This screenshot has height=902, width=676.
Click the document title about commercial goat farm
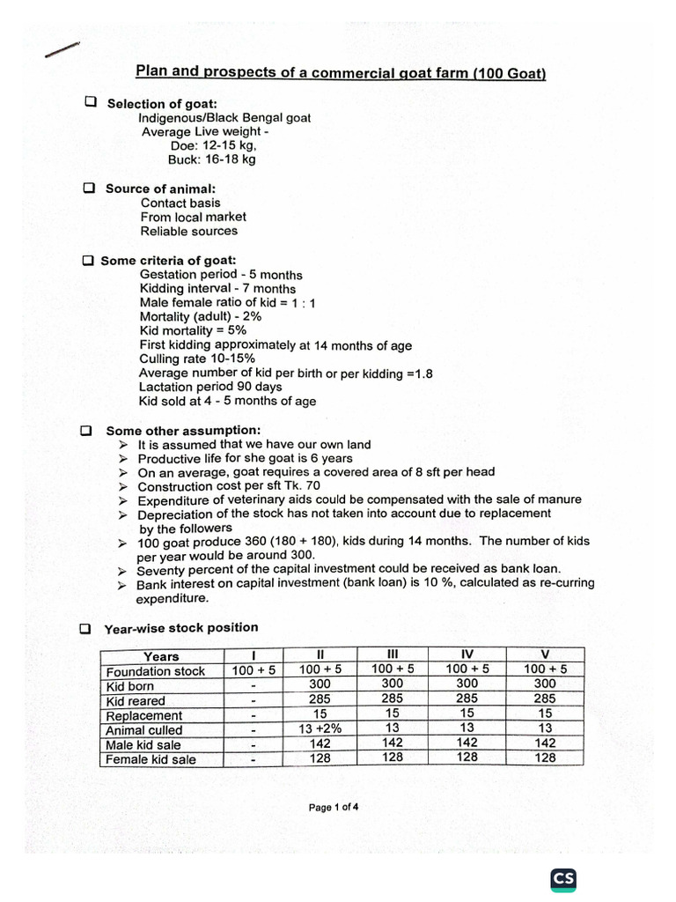(340, 72)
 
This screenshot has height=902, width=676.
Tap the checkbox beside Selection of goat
(90, 102)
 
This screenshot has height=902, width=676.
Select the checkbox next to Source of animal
(89, 189)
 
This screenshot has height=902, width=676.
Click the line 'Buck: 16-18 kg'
(212, 159)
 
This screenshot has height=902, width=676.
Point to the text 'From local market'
(194, 217)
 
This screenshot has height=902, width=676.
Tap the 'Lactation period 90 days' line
(210, 387)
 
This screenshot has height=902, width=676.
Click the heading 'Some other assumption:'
(183, 430)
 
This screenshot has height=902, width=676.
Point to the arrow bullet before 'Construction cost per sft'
(123, 486)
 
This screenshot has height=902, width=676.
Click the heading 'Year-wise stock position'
(181, 628)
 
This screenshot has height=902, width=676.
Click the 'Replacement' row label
(144, 715)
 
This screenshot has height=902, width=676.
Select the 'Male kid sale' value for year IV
(467, 743)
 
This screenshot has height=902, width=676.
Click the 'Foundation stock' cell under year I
(253, 670)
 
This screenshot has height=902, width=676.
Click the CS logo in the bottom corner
(563, 880)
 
